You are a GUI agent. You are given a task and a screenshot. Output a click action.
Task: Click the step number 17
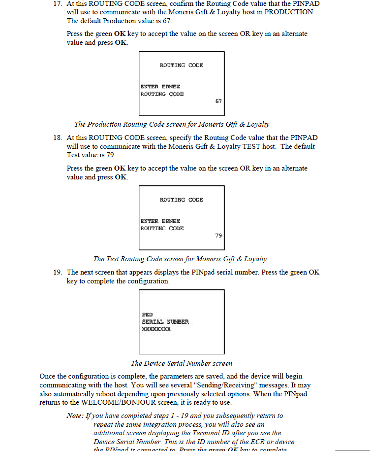coord(58,3)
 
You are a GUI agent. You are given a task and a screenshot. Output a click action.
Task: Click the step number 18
coord(58,138)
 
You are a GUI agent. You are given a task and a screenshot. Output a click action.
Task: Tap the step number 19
coord(58,273)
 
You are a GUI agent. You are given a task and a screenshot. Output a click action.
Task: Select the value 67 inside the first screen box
coord(218,101)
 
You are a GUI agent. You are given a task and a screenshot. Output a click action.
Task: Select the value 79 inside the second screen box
coord(218,236)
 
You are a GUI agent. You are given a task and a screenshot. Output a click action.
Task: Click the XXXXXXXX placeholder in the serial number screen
coord(156,329)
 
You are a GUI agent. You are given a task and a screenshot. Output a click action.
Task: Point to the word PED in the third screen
coord(147,314)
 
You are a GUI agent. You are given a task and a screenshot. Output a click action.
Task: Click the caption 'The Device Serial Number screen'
coord(182,363)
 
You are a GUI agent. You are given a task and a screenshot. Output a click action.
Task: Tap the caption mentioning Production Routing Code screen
coord(172,124)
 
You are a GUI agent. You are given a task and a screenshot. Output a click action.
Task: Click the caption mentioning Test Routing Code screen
coord(180,259)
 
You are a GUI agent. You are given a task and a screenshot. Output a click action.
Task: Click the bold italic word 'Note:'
coord(75,416)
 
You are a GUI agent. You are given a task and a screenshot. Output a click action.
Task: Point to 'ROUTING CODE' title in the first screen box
coord(181,65)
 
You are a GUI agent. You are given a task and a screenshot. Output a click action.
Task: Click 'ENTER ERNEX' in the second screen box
coord(160,221)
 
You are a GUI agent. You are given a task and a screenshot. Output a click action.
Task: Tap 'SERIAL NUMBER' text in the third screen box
coord(165,322)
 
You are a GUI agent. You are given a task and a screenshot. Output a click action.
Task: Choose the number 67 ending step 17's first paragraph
coord(167,21)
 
